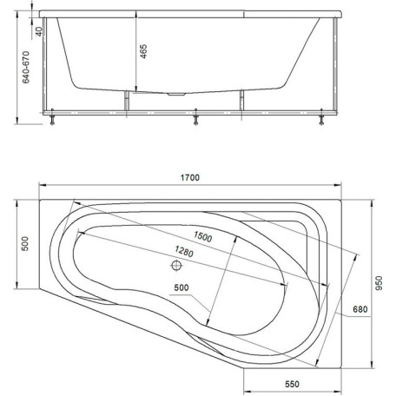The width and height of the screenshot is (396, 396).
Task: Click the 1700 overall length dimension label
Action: pos(190,177)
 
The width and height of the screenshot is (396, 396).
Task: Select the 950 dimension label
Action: pos(379,283)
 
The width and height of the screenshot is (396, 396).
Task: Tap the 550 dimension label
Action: pos(292,384)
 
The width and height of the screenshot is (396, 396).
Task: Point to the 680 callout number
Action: pos(360,309)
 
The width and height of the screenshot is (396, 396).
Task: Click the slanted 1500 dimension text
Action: pos(202,236)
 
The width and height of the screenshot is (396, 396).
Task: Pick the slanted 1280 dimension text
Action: pos(184,251)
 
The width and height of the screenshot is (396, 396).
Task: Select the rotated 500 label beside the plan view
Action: pos(25,243)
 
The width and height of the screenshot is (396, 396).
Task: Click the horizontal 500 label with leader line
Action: pos(181,287)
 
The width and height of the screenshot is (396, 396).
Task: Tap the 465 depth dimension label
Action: pos(143,51)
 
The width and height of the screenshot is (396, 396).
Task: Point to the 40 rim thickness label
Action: pos(39,31)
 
